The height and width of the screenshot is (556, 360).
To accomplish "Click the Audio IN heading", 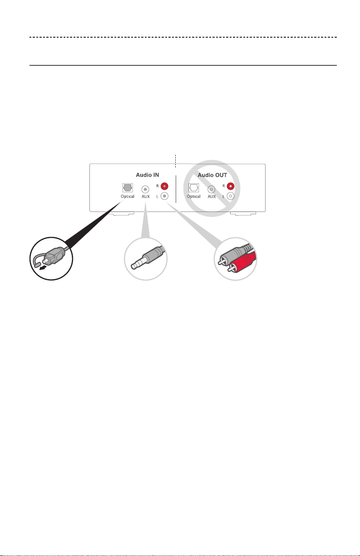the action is [x=147, y=175].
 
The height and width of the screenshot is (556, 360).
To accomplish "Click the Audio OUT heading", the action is [x=212, y=175].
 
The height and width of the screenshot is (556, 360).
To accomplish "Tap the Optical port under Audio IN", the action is [x=128, y=187].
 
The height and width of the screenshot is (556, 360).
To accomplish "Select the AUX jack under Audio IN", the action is [x=145, y=189].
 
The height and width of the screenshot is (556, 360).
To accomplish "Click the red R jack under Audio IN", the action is [x=164, y=186].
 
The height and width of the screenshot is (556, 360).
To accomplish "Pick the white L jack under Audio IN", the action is [x=164, y=196].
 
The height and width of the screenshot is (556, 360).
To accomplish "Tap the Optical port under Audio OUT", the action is [x=193, y=187].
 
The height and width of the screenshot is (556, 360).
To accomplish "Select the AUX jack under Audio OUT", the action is [x=211, y=189].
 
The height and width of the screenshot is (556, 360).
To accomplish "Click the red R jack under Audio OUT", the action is [x=231, y=186].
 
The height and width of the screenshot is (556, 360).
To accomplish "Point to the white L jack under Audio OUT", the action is [x=231, y=196].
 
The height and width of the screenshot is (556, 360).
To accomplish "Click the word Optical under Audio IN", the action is [x=128, y=197].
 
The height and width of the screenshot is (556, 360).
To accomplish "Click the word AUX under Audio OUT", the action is [x=212, y=197].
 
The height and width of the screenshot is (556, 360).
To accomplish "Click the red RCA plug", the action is [x=242, y=263].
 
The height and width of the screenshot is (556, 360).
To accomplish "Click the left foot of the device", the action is [x=123, y=213].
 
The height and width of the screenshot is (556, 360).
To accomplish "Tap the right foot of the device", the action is [x=243, y=213].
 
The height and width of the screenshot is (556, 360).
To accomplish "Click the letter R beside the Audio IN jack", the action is [x=158, y=186].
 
